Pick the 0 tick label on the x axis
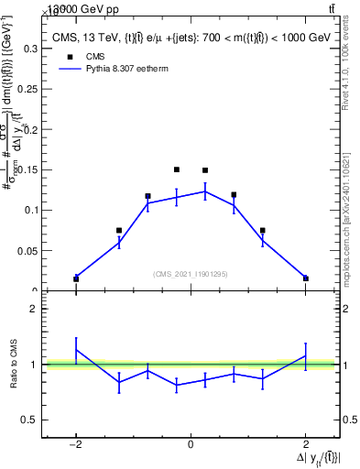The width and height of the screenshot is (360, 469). click(191, 444)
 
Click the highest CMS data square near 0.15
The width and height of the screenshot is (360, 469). click(176, 169)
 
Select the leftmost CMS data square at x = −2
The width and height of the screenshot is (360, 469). click(76, 278)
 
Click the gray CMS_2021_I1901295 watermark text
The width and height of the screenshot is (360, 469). click(191, 274)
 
